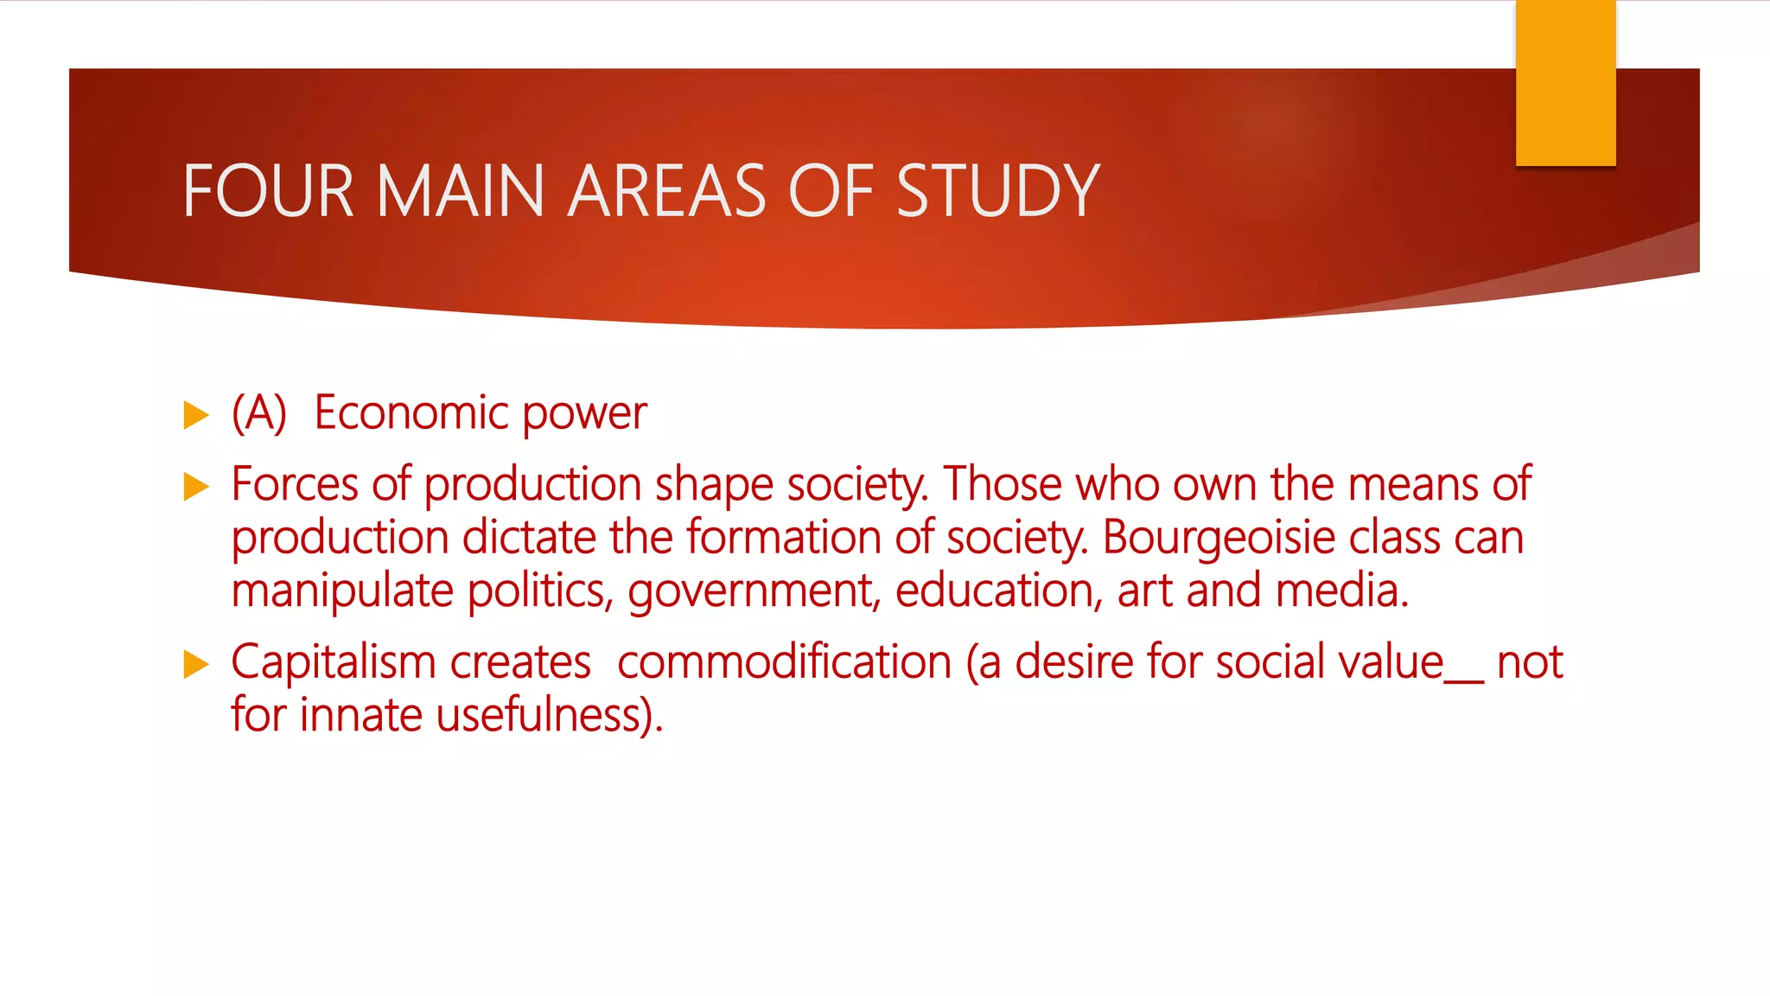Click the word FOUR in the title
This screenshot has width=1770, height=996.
coord(268,191)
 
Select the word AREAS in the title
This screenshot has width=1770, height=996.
coord(666,191)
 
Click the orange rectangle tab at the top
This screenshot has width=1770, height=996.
coord(1565,83)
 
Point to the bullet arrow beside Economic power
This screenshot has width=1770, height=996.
coord(196,416)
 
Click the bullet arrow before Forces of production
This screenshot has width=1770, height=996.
coord(196,487)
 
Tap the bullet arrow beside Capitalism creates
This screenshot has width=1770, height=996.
coord(196,665)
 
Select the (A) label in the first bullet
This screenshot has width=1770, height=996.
coord(258,413)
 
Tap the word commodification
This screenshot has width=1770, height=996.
coord(784,663)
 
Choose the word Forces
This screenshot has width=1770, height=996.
coord(294,484)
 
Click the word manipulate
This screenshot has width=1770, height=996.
coord(342,592)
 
